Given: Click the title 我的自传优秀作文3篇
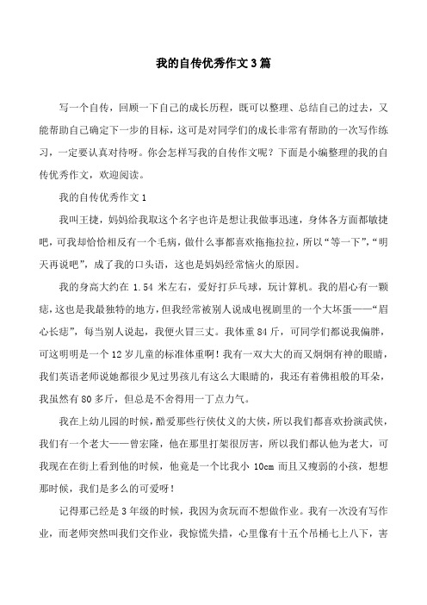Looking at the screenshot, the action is pyautogui.click(x=213, y=64).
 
